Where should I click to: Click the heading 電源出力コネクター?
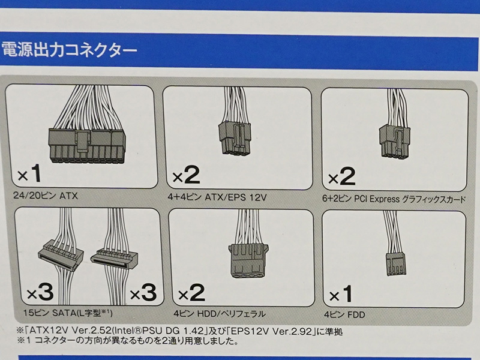click(69, 50)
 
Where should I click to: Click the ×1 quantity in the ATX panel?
click(29, 173)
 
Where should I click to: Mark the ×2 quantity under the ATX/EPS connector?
click(186, 175)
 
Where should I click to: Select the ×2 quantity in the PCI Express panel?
click(341, 176)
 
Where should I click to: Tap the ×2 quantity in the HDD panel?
click(191, 293)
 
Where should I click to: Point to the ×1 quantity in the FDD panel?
click(341, 294)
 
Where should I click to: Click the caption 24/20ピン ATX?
click(46, 196)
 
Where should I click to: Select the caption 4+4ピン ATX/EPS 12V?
click(217, 197)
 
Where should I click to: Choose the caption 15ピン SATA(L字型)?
click(68, 313)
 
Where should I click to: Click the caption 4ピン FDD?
click(344, 314)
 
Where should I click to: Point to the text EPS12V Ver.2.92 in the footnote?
click(271, 331)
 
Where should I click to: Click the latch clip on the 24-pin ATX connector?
click(83, 142)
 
